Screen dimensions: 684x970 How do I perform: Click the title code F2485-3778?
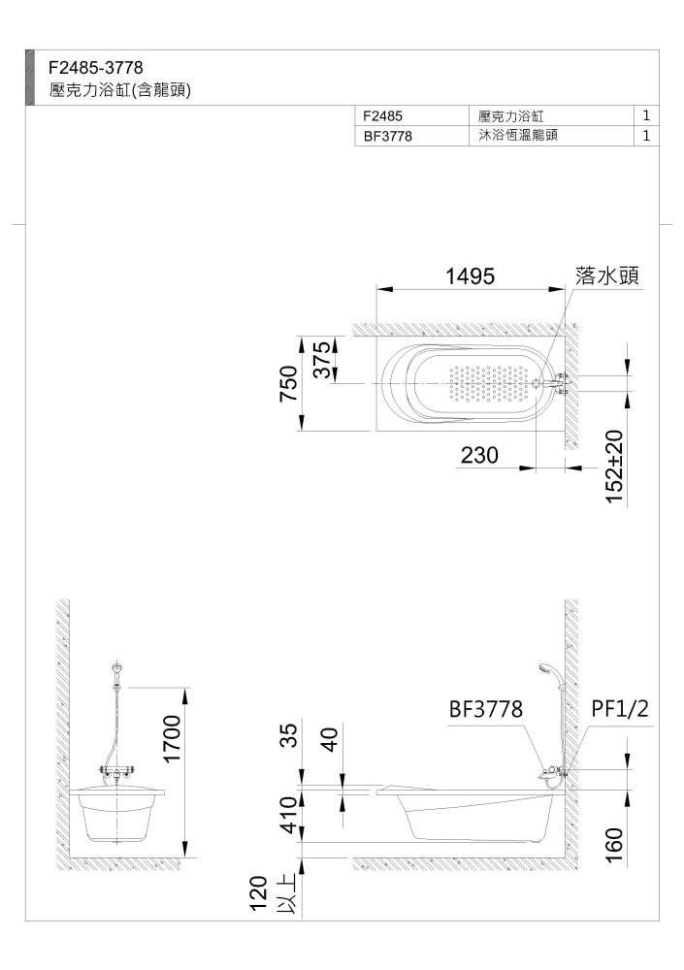point(96,67)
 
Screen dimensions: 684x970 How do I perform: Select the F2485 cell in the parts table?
point(382,115)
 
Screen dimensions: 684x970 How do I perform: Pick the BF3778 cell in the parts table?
point(387,136)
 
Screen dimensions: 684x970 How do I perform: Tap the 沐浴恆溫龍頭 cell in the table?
point(518,135)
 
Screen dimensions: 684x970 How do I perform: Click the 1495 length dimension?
point(471,275)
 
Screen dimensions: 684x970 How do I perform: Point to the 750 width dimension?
point(289,383)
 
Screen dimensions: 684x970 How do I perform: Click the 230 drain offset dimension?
point(479,455)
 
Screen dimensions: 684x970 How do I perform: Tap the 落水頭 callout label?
point(606,275)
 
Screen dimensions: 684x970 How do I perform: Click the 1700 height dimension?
point(172,739)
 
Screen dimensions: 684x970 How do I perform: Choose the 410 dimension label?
point(289,815)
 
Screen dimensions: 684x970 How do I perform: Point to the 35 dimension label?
point(289,735)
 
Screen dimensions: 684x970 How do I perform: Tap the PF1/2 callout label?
point(620,709)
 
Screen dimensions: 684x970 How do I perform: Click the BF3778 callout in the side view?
point(486,709)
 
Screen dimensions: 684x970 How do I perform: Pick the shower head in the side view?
point(545,668)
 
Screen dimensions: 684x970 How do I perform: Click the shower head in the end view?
point(117,668)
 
